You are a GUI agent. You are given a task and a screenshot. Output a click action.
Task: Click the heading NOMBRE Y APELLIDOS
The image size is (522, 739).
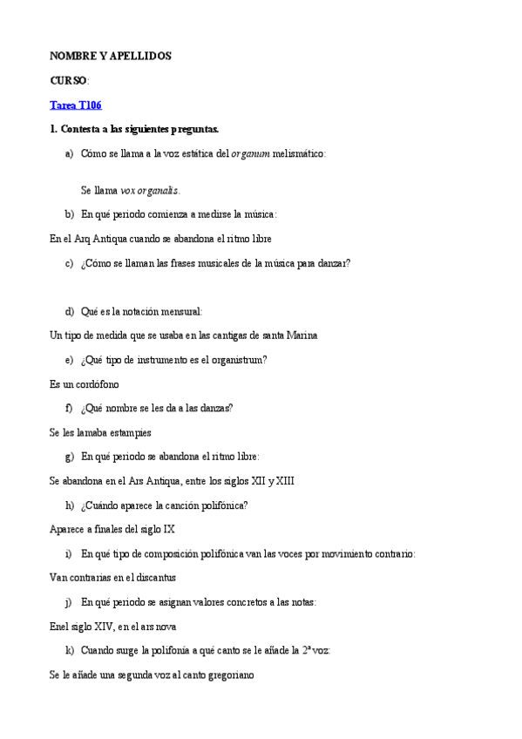(111, 56)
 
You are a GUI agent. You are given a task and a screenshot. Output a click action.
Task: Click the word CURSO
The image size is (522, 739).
(69, 80)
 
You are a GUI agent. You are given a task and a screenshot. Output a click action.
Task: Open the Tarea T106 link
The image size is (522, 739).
(76, 105)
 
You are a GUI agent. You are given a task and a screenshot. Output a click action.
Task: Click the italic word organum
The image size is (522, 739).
(250, 153)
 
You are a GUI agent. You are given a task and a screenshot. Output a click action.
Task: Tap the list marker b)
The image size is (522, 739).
(69, 214)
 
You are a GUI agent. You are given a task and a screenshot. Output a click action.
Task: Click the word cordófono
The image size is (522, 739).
(97, 383)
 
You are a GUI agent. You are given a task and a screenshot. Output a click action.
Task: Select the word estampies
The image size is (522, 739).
(129, 431)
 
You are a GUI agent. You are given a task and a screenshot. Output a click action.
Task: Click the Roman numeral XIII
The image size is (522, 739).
(284, 480)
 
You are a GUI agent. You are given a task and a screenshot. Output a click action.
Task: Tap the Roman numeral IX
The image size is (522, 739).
(169, 528)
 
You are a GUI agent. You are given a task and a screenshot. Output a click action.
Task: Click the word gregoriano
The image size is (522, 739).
(225, 674)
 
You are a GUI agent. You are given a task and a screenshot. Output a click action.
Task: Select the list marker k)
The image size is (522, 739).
(69, 650)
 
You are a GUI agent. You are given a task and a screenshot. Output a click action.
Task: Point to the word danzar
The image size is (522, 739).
(330, 262)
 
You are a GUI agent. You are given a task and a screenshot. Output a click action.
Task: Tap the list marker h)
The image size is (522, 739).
(69, 505)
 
